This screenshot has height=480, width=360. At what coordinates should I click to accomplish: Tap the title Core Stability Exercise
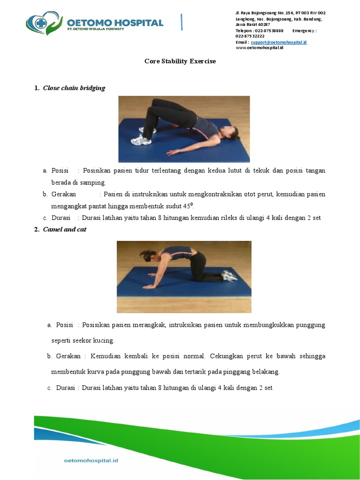[180, 61]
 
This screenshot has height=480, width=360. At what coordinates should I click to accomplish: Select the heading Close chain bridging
[74, 88]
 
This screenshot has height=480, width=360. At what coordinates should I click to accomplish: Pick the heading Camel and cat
[65, 229]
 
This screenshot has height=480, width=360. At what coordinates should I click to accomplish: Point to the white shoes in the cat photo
[229, 276]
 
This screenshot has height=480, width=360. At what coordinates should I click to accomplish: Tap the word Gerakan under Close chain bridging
[64, 194]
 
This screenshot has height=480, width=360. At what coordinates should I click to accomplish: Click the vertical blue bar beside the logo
[181, 22]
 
